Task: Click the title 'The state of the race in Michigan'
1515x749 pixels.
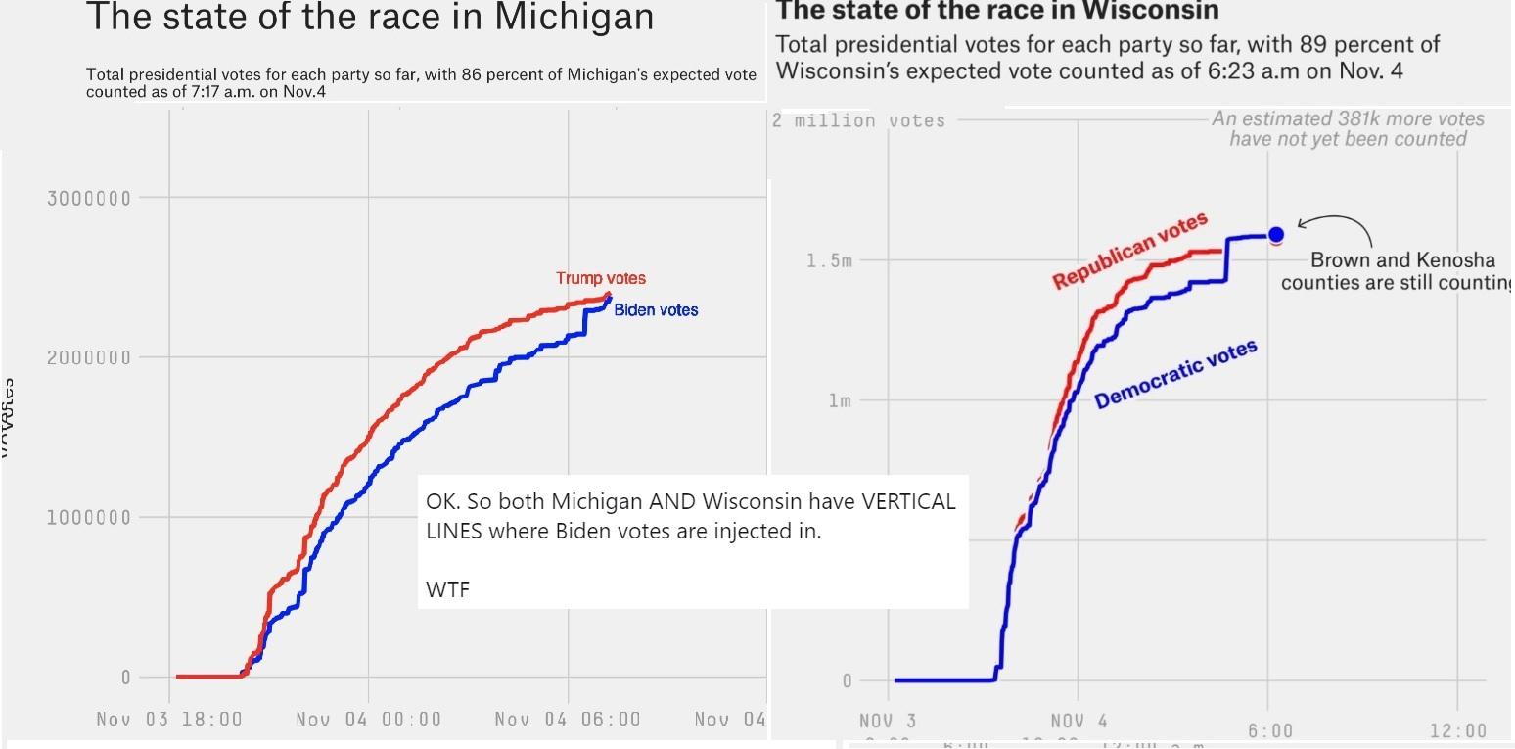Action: click(370, 17)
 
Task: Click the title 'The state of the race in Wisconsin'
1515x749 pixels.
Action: click(997, 11)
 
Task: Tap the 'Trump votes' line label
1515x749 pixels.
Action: click(601, 278)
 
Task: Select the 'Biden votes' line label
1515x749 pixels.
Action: click(656, 309)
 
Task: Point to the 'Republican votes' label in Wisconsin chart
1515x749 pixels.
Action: click(1129, 251)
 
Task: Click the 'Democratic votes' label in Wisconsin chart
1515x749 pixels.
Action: click(1175, 374)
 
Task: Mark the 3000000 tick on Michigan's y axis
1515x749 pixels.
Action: click(88, 198)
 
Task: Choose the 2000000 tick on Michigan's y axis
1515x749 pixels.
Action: click(88, 357)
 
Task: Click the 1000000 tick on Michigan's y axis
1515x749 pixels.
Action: click(88, 517)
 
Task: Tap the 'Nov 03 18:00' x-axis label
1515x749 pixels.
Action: click(169, 719)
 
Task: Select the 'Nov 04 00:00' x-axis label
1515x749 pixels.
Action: click(369, 719)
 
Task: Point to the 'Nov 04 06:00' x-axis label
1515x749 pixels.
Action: click(568, 719)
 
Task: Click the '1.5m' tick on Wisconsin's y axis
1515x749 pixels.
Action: click(829, 260)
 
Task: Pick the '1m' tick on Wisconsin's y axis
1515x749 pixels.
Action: click(839, 400)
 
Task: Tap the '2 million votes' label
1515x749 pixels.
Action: click(858, 120)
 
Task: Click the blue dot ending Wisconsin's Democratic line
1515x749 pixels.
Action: click(1276, 234)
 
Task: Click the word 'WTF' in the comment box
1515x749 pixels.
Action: click(447, 589)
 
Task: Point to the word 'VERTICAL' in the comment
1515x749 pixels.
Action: click(907, 501)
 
